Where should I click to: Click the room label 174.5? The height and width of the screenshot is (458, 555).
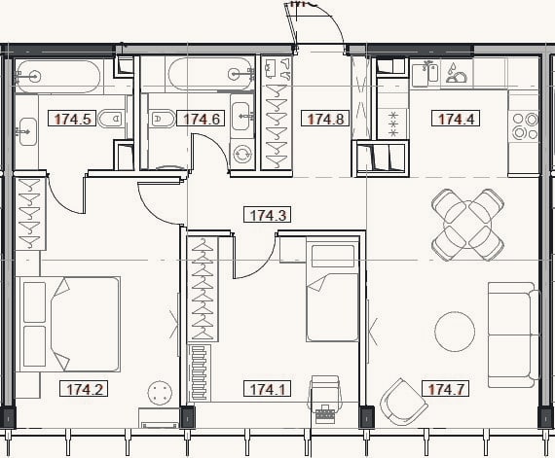(72, 119)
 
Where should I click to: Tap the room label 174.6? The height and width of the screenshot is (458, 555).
(201, 119)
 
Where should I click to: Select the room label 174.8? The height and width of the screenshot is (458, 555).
(325, 119)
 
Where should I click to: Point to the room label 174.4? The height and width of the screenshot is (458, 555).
(456, 119)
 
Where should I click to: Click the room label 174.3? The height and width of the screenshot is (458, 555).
(267, 215)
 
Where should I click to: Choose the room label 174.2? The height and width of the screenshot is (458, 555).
(84, 389)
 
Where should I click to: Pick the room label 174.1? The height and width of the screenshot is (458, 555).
(267, 389)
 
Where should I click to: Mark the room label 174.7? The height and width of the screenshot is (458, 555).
(446, 389)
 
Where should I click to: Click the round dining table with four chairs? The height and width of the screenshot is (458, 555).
(468, 225)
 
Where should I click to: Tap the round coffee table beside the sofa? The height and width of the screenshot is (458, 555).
(455, 332)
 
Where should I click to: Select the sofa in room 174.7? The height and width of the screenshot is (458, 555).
(513, 335)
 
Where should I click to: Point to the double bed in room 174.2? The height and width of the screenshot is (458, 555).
(70, 324)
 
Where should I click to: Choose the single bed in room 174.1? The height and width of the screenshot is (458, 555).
(332, 292)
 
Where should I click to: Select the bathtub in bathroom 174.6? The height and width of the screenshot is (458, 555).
(211, 75)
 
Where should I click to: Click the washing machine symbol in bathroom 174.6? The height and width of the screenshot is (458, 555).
(241, 154)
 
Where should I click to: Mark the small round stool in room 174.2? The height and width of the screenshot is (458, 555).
(161, 393)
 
